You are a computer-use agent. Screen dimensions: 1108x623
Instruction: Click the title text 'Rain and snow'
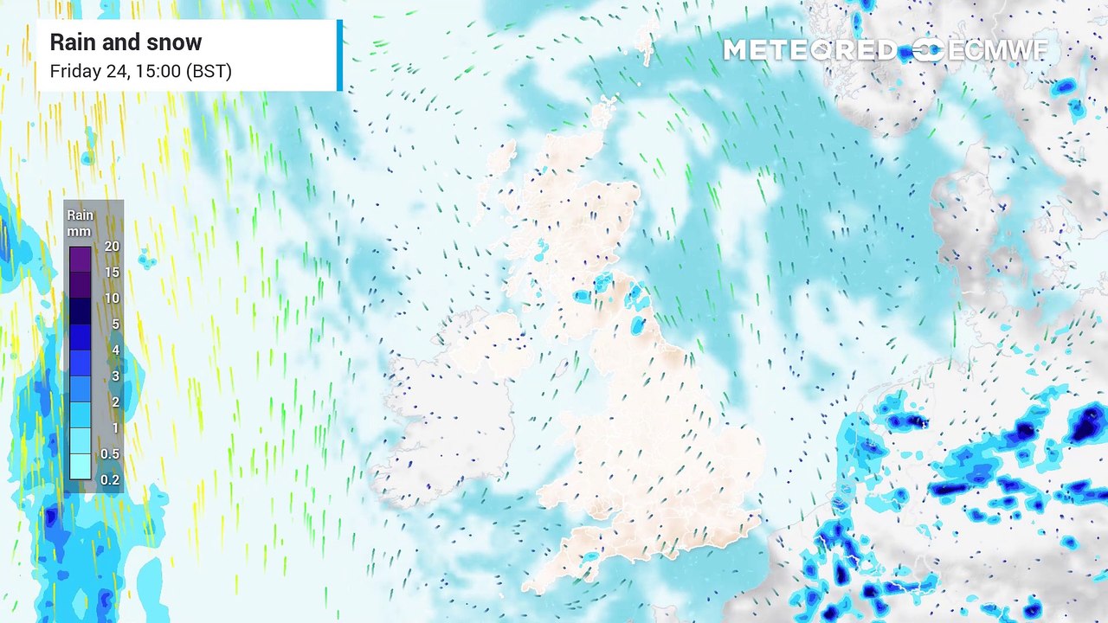126,42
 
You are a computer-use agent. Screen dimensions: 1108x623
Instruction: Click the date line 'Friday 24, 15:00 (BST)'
140,71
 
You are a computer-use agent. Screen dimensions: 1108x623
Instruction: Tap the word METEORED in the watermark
809,50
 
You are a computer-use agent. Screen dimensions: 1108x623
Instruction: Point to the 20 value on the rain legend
112,247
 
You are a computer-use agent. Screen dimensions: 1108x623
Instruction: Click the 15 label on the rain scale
112,273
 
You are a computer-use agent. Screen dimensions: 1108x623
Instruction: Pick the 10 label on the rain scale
112,299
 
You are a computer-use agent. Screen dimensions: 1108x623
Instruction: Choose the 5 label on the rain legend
115,324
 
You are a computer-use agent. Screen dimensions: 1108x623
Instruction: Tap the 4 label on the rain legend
115,350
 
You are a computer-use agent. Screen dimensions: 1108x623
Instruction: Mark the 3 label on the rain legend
115,376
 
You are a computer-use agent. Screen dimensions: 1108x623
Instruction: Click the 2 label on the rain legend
115,402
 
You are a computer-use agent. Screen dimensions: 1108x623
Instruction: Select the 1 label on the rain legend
115,428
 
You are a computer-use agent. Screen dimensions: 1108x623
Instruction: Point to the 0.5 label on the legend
110,454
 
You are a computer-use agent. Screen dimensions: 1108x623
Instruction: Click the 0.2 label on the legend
110,480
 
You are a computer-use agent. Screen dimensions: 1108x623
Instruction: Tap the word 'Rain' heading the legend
80,215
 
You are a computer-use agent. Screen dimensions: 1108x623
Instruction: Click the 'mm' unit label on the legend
80,231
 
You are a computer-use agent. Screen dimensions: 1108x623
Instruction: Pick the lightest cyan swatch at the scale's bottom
80,467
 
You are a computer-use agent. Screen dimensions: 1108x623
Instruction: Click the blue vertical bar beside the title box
339,55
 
